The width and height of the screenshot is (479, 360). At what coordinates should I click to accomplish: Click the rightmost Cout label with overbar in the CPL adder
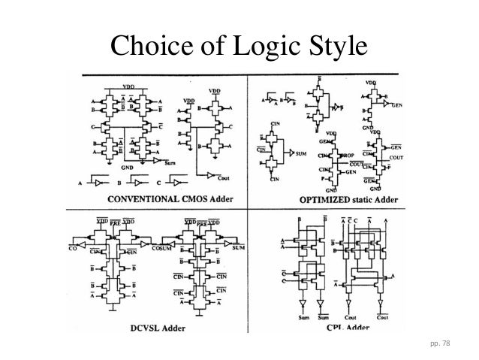382,318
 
